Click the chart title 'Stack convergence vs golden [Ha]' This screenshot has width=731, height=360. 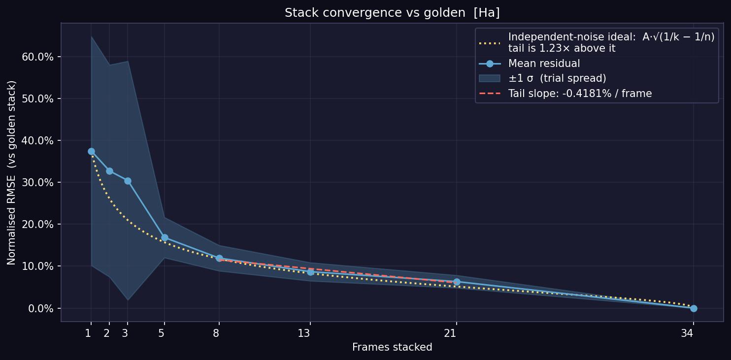tap(392, 13)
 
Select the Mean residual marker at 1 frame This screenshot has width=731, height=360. tap(92, 152)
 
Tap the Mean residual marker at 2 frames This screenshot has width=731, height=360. tap(110, 171)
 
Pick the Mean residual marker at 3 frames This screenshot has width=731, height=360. tap(128, 181)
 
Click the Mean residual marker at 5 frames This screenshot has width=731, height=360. tap(165, 237)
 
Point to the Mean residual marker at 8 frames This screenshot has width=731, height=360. tap(219, 259)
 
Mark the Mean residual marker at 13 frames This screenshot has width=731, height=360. tap(310, 272)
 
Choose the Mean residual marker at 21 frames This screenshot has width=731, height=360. tap(457, 282)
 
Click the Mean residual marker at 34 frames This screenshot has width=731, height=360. tap(694, 308)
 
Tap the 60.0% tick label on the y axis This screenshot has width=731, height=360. tap(37, 57)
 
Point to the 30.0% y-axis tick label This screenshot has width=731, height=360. tap(37, 183)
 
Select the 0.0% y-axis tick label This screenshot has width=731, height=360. tap(41, 308)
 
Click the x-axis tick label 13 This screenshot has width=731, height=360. tap(304, 333)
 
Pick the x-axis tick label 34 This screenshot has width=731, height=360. tap(687, 333)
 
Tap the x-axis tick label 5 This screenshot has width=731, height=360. tap(161, 333)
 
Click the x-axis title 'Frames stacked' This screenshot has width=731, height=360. tap(392, 347)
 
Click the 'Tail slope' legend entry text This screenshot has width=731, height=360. tap(580, 94)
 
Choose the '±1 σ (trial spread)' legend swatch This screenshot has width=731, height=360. tap(490, 78)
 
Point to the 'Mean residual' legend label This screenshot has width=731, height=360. tap(544, 64)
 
